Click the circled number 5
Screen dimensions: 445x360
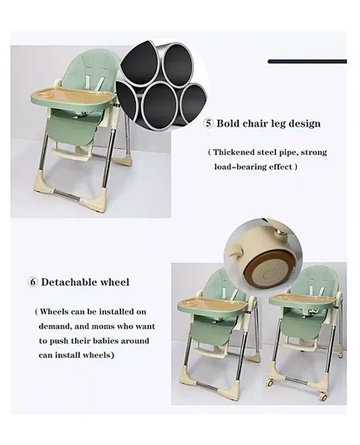click(x=209, y=123)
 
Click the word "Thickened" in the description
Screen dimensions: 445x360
click(x=237, y=152)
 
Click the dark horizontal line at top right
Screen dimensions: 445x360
click(x=307, y=61)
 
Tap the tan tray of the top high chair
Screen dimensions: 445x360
click(x=73, y=96)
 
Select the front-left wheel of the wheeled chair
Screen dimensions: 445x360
click(x=270, y=383)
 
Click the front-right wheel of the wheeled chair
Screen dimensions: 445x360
click(x=323, y=397)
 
